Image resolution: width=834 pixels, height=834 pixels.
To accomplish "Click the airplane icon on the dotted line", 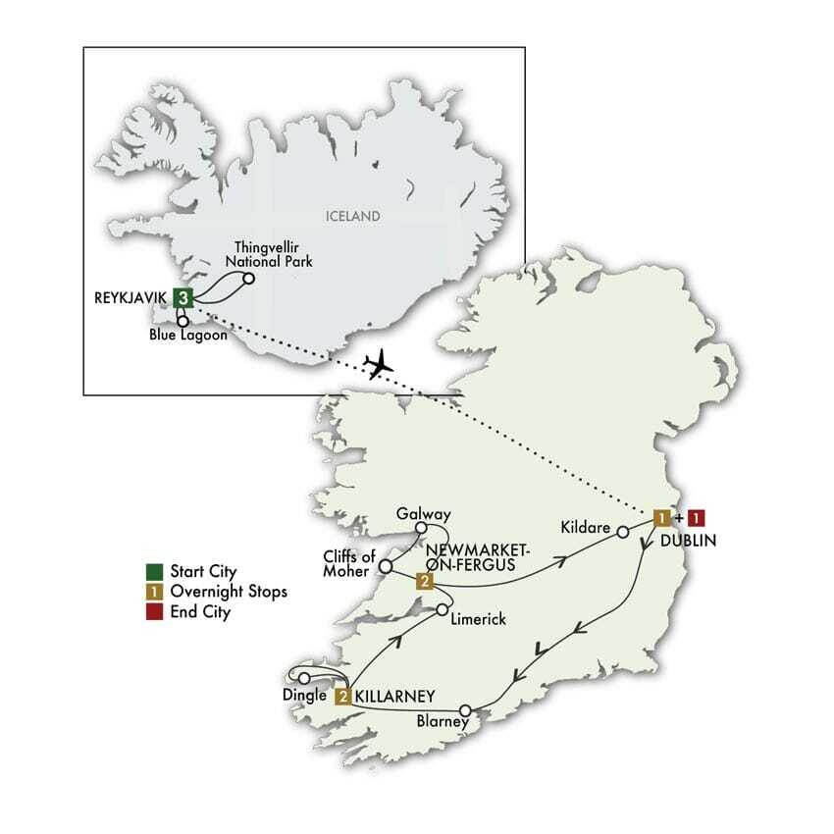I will point(377,364).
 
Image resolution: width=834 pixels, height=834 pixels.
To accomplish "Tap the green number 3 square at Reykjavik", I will point(181,297).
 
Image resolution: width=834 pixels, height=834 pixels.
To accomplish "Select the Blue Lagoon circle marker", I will point(182,320).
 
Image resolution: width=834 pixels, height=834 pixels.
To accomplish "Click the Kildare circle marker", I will point(621,532).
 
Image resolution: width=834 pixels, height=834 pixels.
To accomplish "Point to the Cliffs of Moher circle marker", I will point(386,566).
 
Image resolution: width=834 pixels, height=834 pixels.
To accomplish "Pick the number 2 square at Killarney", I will point(343,698).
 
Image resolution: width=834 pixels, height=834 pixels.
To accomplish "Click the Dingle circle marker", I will point(304,678).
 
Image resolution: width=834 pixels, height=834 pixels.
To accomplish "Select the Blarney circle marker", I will point(466,710).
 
